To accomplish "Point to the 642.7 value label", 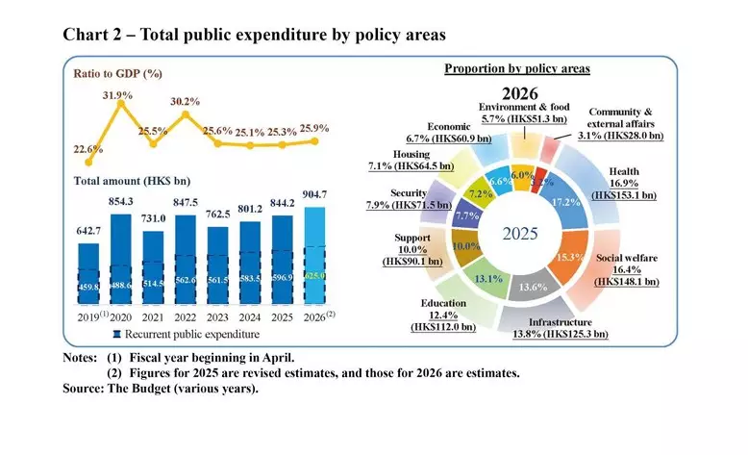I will point(88,231).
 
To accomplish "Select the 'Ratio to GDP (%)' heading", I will point(117,72).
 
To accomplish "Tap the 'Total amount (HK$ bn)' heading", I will point(131,180).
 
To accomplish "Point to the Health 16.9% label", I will point(623,183).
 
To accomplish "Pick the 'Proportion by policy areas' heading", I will point(516,70).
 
